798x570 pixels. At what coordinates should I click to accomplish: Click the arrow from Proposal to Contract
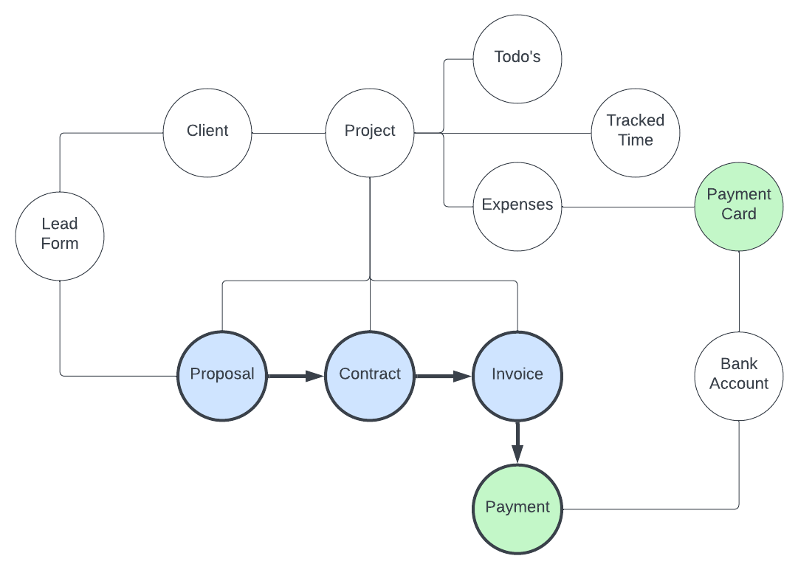(295, 376)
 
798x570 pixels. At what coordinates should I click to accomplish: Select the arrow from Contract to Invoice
(443, 376)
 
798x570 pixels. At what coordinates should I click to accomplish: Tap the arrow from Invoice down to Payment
(517, 442)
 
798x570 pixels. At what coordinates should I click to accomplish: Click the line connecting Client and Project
(289, 133)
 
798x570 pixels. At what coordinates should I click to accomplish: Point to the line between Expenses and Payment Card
(627, 207)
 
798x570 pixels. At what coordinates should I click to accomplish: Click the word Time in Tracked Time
(636, 141)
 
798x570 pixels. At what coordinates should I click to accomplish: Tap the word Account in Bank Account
(739, 384)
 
